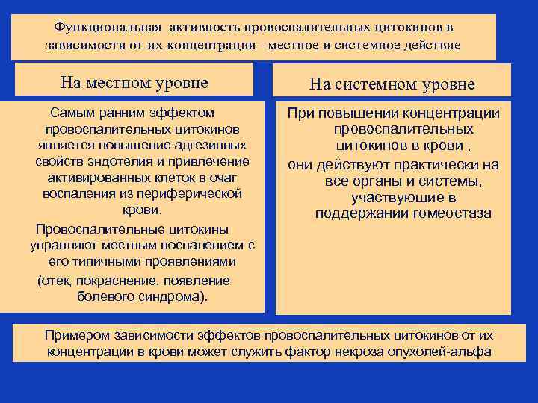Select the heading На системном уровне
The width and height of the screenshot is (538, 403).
coord(393,84)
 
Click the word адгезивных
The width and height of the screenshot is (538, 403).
coord(209,145)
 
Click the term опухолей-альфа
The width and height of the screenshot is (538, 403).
coord(448,352)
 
